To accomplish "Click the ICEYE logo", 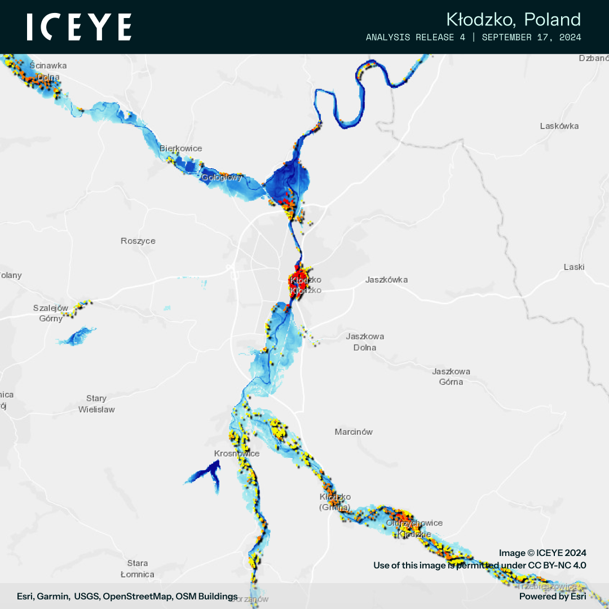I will [x=79, y=27].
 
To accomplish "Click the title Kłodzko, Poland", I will [x=513, y=20].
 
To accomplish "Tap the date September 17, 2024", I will [x=531, y=38].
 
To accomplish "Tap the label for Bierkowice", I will [x=180, y=148].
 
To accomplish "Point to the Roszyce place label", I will [x=138, y=241].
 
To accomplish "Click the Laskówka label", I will [x=559, y=126].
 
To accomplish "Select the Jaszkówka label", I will [x=386, y=280].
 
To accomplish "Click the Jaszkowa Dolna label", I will [x=365, y=342].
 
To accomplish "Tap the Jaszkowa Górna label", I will [x=451, y=377].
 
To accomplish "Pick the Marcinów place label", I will [x=354, y=432].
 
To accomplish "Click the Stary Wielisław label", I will [x=96, y=404].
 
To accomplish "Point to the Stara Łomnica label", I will [x=137, y=568].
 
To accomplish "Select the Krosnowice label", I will [x=237, y=453].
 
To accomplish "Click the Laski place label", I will [x=574, y=267].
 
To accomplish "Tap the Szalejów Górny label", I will [x=51, y=313].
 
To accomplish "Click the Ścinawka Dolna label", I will [x=48, y=71].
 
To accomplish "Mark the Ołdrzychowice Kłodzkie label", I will [x=414, y=528].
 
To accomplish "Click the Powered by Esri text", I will [x=553, y=597].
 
